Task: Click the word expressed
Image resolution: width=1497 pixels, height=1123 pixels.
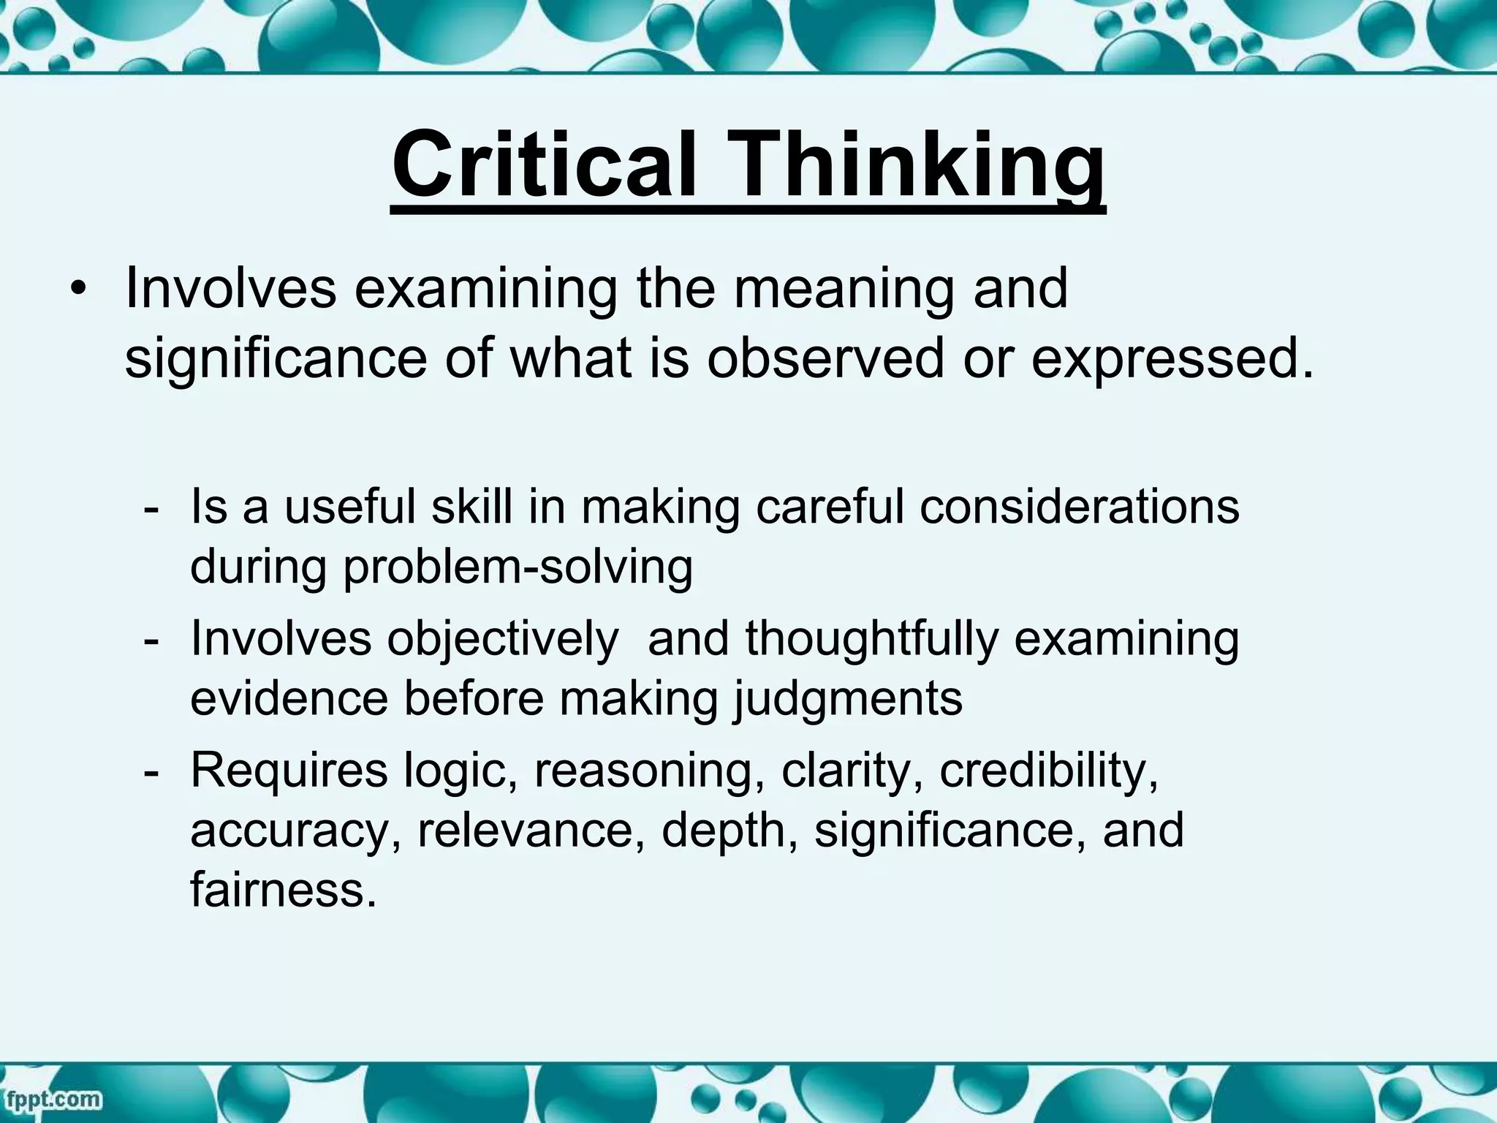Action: [1172, 360]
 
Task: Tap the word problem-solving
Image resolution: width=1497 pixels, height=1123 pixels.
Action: [518, 567]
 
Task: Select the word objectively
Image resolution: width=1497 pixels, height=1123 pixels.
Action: [503, 639]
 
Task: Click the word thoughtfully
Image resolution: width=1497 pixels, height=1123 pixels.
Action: [871, 639]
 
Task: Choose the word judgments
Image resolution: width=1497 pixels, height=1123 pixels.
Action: [848, 700]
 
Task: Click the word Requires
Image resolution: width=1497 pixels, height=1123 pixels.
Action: [289, 771]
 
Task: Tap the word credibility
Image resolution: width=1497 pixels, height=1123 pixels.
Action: [1049, 771]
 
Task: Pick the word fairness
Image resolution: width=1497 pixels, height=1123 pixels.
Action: [284, 890]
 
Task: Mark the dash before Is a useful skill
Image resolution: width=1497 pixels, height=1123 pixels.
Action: [151, 507]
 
